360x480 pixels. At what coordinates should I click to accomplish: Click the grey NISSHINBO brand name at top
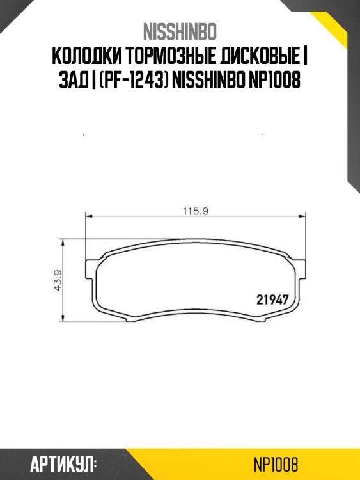pos(180,32)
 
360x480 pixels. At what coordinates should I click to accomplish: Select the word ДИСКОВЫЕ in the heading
pos(260,56)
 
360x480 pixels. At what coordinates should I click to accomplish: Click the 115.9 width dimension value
pos(196,211)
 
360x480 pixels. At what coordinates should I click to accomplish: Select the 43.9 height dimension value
pos(58,280)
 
